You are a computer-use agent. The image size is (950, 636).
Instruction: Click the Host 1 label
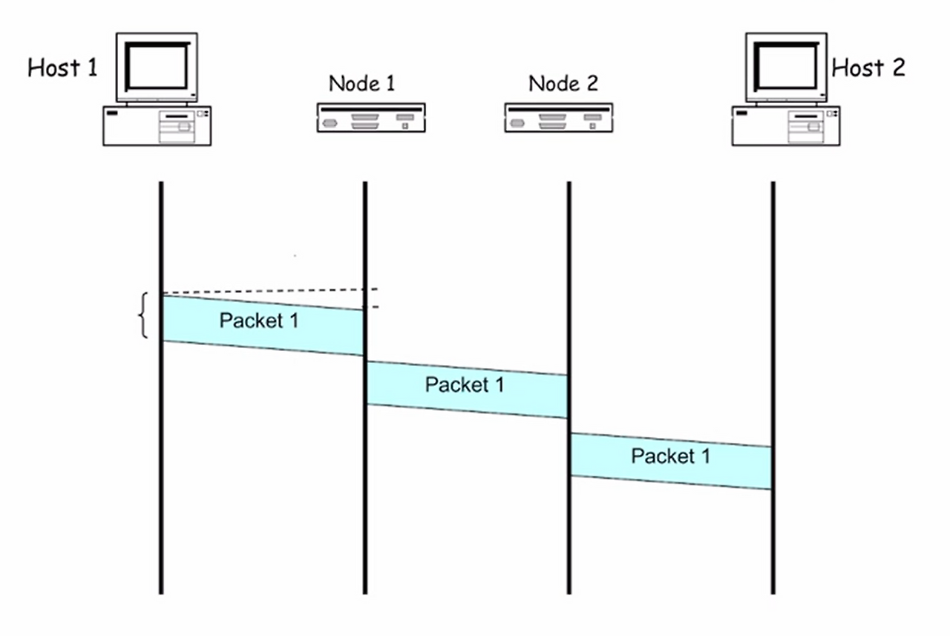62,68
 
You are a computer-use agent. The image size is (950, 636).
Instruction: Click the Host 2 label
868,68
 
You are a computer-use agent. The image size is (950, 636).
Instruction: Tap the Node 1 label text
362,83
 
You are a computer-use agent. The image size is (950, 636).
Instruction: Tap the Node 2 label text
563,83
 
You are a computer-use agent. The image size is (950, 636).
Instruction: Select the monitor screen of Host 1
157,65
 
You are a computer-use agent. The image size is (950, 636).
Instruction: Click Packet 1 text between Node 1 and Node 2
465,385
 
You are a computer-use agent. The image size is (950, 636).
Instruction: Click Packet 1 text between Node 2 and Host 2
670,455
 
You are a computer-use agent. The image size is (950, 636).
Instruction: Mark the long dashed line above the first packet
267,291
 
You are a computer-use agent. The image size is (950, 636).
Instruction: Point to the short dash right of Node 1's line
375,306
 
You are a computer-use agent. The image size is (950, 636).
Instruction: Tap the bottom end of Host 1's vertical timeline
160,591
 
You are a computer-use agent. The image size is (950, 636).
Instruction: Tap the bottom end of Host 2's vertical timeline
773,591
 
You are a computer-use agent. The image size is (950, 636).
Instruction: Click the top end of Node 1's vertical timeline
364,184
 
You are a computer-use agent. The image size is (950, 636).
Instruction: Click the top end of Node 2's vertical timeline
569,184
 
